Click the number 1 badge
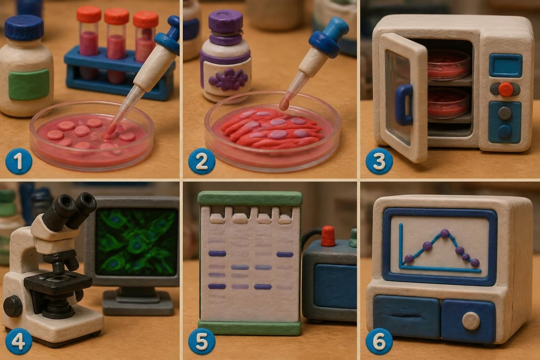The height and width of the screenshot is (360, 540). pos(19,161)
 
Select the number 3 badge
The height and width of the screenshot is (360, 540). pos(379,161)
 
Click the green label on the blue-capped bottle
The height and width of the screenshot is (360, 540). pos(29,84)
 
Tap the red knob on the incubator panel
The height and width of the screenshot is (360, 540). pos(506,90)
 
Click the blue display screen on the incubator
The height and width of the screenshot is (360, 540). pos(505,65)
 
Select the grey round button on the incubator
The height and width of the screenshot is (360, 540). pos(504,113)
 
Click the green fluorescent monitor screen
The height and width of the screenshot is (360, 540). pos(136,242)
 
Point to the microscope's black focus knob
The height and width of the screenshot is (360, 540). pos(13,306)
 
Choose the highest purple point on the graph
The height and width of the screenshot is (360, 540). pos(445,233)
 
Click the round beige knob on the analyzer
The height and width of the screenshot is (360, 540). pos(471,321)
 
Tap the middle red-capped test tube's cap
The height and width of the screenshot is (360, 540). pos(117,16)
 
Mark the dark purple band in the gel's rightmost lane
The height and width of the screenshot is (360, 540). pos(285,254)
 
